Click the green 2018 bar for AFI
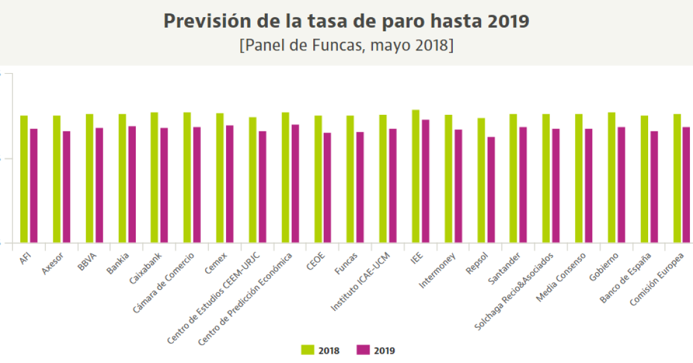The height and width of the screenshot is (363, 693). [24, 179]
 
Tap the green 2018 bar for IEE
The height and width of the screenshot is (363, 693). [416, 176]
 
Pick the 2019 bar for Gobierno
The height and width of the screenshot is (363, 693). [622, 184]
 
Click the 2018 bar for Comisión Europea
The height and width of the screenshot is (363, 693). [676, 178]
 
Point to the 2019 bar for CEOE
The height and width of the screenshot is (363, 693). [327, 187]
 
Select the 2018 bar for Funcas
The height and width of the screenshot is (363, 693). [350, 179]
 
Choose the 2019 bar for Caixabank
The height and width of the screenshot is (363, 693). [164, 185]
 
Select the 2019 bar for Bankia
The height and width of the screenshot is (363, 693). [131, 184]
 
